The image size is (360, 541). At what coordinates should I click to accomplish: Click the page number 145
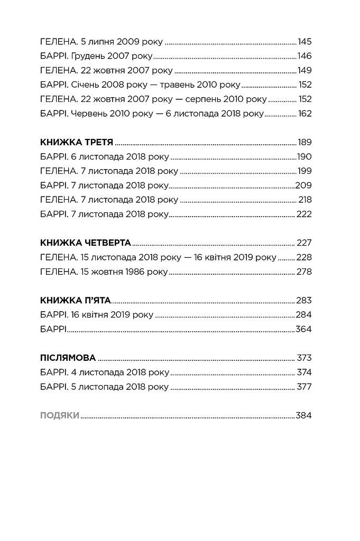pos(304,42)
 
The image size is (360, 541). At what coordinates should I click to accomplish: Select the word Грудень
pos(85,56)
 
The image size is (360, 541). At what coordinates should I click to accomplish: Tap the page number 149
pos(304,70)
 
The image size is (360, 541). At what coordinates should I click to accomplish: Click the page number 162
pos(304,113)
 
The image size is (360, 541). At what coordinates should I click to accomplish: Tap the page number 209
pos(303,185)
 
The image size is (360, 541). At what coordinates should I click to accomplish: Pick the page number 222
pos(304,214)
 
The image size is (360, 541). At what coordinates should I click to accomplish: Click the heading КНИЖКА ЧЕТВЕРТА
pos(85,243)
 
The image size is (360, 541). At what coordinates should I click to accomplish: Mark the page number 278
pos(304,272)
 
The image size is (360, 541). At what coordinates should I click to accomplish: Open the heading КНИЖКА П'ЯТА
pos(75,301)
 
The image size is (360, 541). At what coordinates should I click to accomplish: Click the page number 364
pos(304,329)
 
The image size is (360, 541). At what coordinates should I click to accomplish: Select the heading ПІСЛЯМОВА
pos(68,358)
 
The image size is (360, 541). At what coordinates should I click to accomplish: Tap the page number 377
pos(304,387)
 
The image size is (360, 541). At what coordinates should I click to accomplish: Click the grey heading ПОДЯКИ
pos(60,416)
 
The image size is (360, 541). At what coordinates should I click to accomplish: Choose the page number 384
pos(304,416)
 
